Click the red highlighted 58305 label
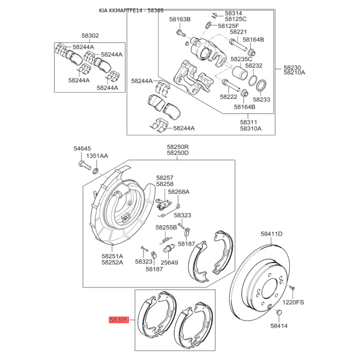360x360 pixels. tap(118, 319)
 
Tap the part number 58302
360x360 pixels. tap(90, 36)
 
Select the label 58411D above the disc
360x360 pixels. tap(272, 234)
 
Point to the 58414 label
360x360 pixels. tap(279, 326)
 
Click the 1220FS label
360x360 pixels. tap(293, 302)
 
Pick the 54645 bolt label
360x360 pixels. tap(82, 148)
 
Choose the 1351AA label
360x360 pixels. tap(97, 156)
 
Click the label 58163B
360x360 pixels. tap(180, 19)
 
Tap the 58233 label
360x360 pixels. tap(261, 99)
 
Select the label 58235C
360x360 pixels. tap(241, 59)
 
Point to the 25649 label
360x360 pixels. tap(169, 262)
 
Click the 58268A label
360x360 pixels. tap(179, 192)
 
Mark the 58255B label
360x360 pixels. tap(166, 228)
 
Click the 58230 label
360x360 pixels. tap(292, 67)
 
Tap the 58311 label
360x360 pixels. tap(249, 122)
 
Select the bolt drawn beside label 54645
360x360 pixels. tap(85, 165)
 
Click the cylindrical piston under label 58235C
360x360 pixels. tap(239, 72)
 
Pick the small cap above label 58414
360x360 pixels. tap(279, 312)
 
